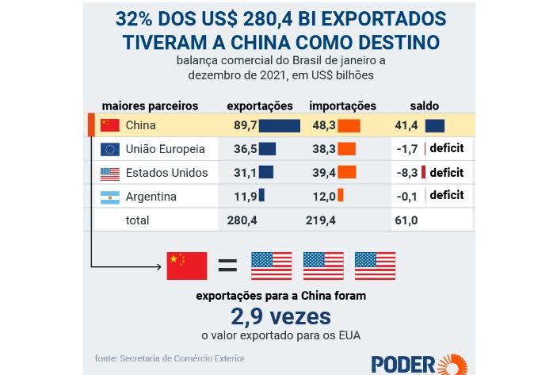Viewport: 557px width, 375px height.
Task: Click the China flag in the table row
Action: (x=110, y=125)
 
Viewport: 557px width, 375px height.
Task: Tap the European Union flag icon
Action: (x=110, y=149)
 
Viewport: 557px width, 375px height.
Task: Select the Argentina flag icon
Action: (x=110, y=197)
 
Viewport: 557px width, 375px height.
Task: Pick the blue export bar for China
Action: (x=280, y=125)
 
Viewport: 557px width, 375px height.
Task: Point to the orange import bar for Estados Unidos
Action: (x=347, y=173)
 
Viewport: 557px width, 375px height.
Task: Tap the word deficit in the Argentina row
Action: (x=446, y=196)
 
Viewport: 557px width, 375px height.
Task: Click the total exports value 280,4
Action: (x=242, y=220)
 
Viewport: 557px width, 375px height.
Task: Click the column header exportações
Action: (x=259, y=105)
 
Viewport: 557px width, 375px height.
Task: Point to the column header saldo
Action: (x=424, y=105)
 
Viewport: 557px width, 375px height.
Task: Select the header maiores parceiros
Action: (x=150, y=105)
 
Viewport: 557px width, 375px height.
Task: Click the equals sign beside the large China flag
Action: (x=228, y=266)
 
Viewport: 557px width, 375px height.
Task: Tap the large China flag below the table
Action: (x=187, y=266)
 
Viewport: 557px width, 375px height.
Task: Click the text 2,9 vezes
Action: (x=281, y=316)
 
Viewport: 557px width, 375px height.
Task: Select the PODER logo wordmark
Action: (x=402, y=363)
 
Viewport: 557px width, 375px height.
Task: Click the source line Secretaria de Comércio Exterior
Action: (x=169, y=358)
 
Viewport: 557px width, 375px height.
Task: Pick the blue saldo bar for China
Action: (x=434, y=125)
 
